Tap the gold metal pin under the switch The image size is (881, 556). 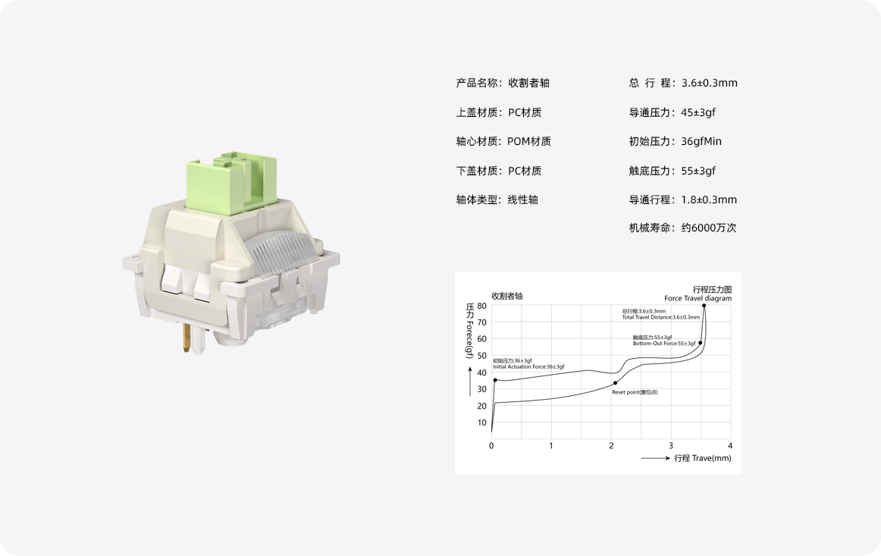click(x=187, y=339)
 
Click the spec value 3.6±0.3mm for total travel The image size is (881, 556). click(x=709, y=83)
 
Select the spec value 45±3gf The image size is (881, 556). click(x=698, y=112)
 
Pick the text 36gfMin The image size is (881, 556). click(x=701, y=141)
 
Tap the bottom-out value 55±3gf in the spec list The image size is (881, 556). click(x=698, y=171)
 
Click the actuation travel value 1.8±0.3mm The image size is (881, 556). click(x=709, y=199)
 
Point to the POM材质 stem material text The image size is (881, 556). click(x=529, y=141)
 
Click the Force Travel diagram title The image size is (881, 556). click(x=698, y=298)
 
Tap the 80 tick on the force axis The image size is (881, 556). click(x=482, y=306)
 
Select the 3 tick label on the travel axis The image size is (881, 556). click(x=671, y=445)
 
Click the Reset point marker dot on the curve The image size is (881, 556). click(x=615, y=383)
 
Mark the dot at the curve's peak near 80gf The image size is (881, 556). click(x=704, y=306)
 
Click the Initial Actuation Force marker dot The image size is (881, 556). click(x=495, y=380)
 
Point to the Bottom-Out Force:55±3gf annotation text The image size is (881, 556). click(x=664, y=344)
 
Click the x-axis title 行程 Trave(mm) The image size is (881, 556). click(x=702, y=458)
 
